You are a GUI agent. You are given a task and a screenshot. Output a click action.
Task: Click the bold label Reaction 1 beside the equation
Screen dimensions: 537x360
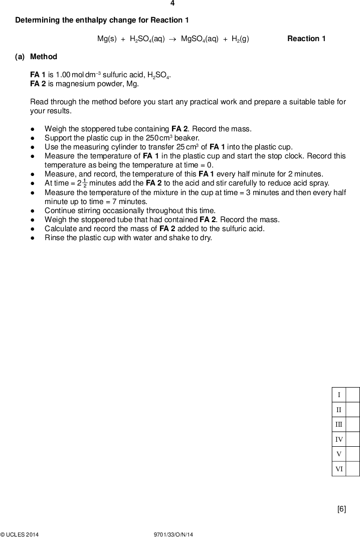click(306, 39)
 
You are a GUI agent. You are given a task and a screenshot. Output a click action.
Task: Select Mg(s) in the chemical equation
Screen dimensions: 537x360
click(107, 39)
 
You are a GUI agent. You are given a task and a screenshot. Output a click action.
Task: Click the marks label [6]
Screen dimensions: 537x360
click(341, 509)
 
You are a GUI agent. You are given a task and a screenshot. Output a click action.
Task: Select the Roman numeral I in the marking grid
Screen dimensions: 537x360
click(339, 395)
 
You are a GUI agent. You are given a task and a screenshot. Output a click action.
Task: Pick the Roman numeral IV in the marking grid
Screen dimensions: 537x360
click(339, 439)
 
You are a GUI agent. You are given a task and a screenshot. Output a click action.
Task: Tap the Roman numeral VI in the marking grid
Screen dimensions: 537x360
click(339, 469)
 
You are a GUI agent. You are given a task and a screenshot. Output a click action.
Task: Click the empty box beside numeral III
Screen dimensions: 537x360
click(353, 424)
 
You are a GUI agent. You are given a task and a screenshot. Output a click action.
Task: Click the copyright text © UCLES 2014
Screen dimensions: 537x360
click(20, 534)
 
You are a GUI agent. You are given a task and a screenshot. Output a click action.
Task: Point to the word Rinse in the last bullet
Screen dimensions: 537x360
click(55, 238)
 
